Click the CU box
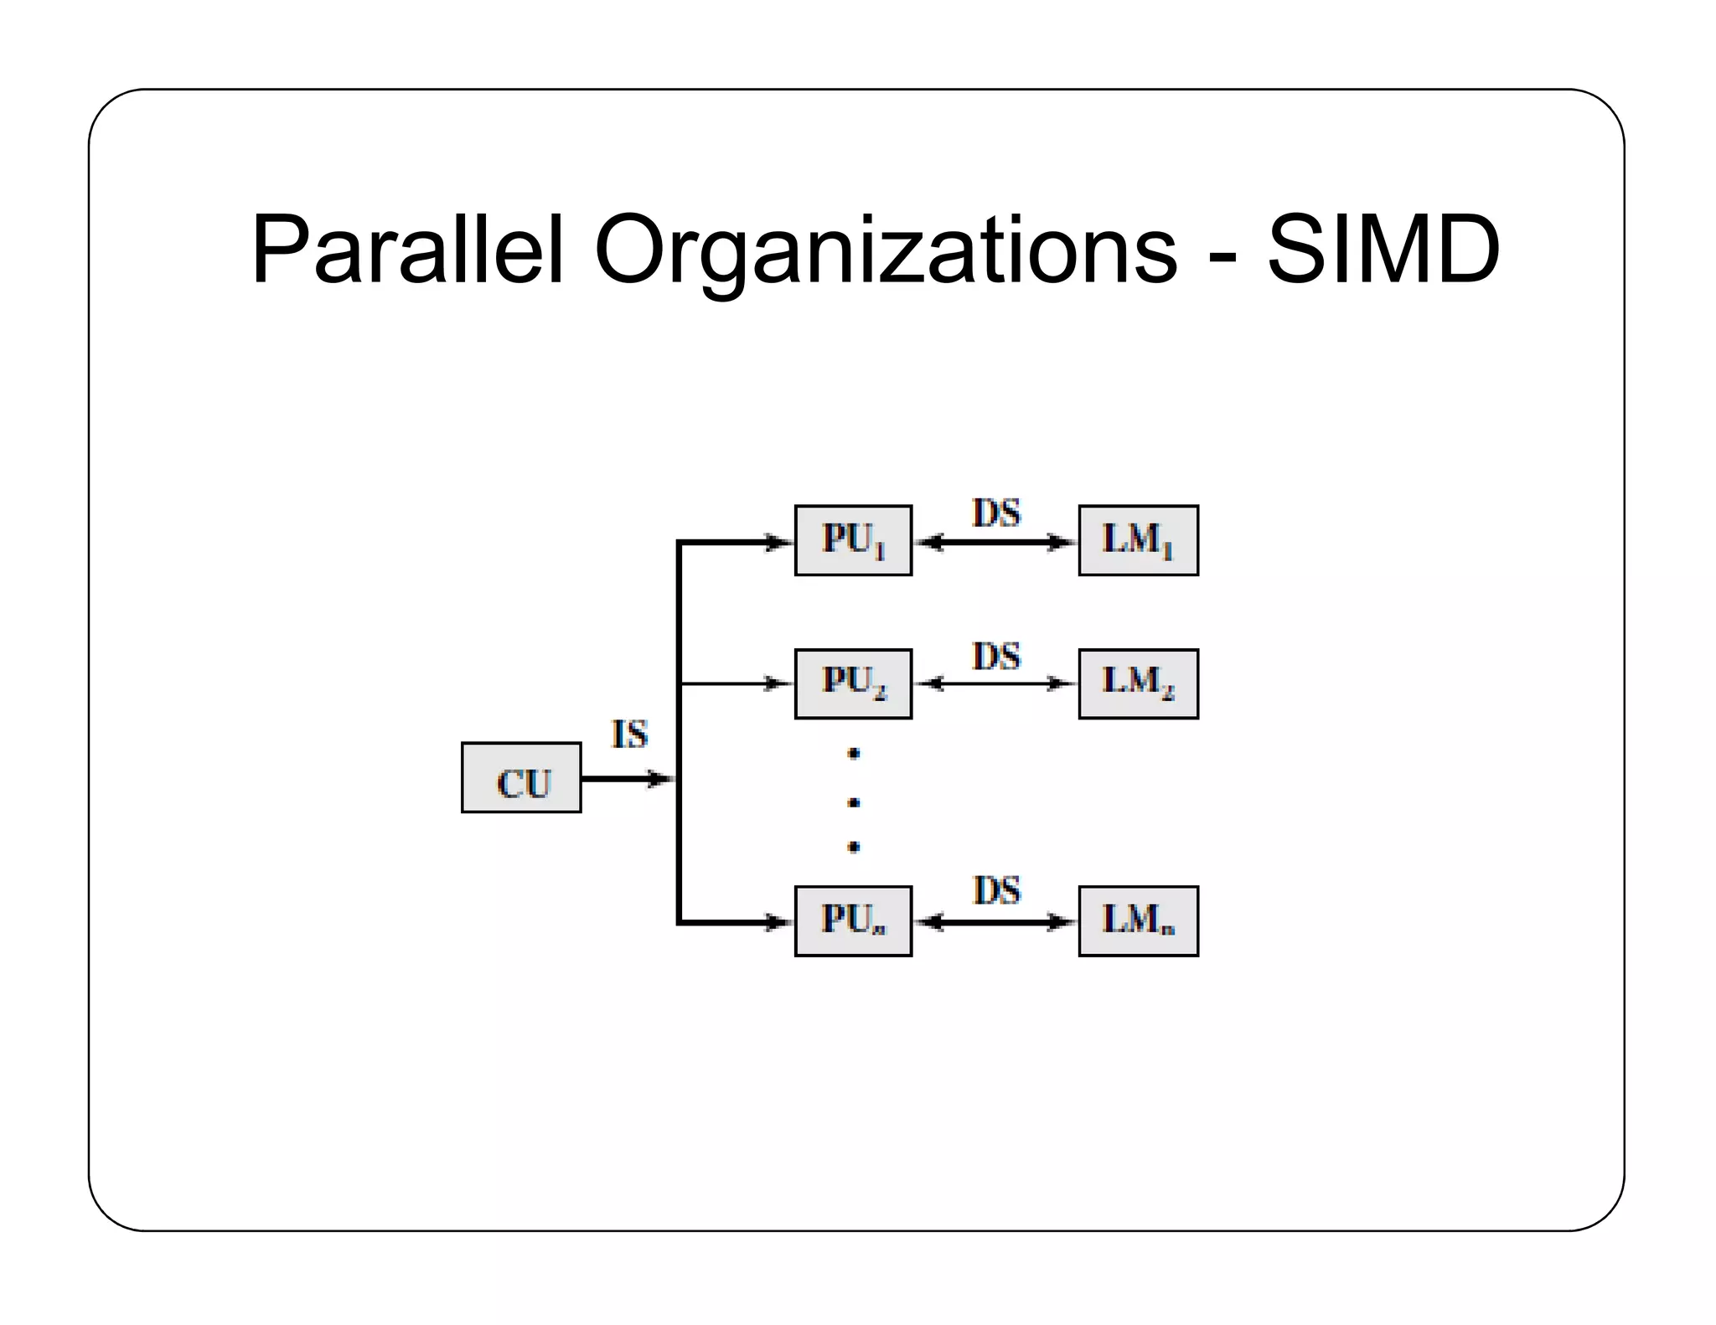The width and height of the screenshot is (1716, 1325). [x=521, y=778]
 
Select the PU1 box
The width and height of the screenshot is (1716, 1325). [x=853, y=541]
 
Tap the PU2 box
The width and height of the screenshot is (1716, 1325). [x=853, y=684]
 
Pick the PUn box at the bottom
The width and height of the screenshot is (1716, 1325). [x=853, y=921]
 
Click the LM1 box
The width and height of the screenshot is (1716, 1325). [x=1138, y=541]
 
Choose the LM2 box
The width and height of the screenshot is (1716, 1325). [x=1138, y=684]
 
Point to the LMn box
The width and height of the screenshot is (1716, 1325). [x=1138, y=921]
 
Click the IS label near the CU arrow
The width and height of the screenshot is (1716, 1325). [x=630, y=735]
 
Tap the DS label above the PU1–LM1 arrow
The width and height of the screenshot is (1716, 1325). [x=996, y=513]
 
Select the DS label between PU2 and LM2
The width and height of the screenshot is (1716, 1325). [x=996, y=657]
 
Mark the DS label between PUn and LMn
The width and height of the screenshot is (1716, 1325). [x=996, y=891]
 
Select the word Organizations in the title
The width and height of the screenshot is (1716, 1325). [x=886, y=251]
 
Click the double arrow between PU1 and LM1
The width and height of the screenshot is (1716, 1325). [x=995, y=543]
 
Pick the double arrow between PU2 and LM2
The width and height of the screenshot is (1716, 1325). [x=995, y=684]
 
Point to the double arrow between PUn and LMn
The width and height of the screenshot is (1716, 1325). [x=995, y=923]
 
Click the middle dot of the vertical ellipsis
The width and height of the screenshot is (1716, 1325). [x=854, y=802]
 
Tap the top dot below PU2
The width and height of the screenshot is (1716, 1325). [x=854, y=754]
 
